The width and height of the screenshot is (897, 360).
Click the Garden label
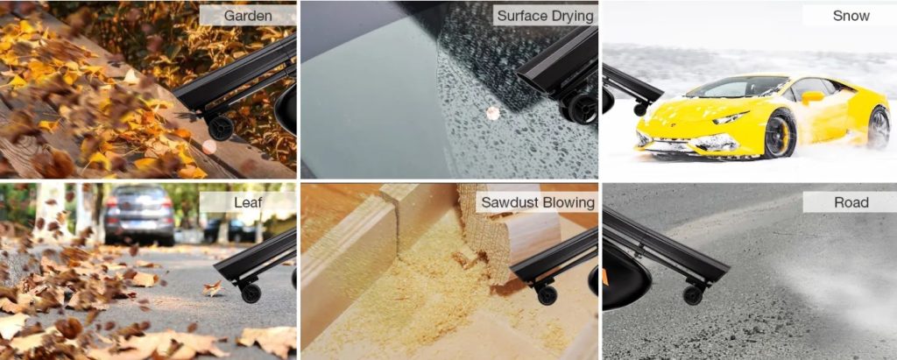[248, 16]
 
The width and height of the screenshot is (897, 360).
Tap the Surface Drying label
[545, 16]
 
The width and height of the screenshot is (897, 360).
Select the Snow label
[851, 16]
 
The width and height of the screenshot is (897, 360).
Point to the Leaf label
[248, 201]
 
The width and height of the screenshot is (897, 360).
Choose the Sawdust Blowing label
[538, 201]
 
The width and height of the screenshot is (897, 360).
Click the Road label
[851, 201]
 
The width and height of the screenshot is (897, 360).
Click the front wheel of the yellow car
[780, 134]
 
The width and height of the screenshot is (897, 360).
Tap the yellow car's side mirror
[812, 97]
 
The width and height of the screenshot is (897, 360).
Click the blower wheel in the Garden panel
[220, 128]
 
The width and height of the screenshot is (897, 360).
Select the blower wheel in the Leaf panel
[251, 293]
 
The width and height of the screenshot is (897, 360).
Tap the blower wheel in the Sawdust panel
[547, 295]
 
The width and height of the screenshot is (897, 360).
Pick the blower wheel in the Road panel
[694, 295]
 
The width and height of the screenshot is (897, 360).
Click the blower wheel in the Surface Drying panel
[582, 108]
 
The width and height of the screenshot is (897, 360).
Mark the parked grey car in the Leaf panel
[139, 215]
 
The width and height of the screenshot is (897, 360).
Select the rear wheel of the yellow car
[878, 127]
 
